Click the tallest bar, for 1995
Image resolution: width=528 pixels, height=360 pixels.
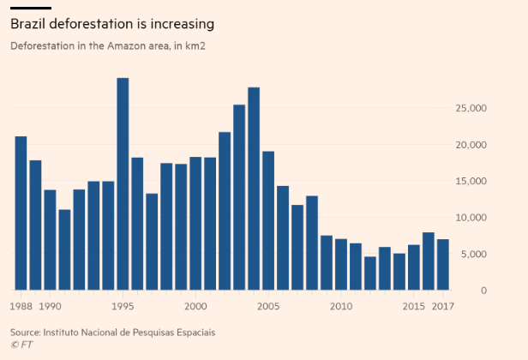coord(123,184)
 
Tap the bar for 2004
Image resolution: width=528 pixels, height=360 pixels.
coord(254,189)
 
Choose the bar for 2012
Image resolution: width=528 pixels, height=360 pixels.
coord(369,273)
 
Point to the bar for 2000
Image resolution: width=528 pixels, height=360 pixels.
coord(195,223)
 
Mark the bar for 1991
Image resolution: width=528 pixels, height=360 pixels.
coord(64,249)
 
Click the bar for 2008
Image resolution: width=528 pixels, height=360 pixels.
coord(311,243)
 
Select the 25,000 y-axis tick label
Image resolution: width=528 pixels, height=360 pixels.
coord(471,108)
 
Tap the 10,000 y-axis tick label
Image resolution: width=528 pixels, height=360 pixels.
coord(471,218)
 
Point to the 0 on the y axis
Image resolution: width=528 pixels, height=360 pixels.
coord(483,291)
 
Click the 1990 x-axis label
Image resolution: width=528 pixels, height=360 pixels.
coord(51,306)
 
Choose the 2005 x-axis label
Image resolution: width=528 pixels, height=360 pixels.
coord(268,306)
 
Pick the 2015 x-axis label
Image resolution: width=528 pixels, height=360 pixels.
coord(414,306)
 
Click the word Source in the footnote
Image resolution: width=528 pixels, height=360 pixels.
coord(26,331)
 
